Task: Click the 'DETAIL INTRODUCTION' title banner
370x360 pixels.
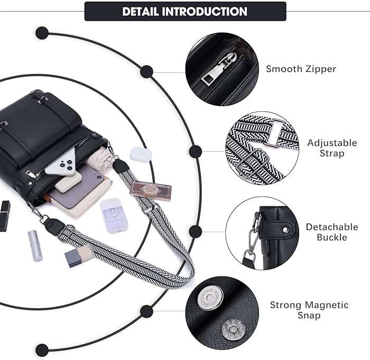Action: [x=185, y=11]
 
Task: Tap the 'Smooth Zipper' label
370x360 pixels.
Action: [x=301, y=69]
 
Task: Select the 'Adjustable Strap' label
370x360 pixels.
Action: [x=332, y=148]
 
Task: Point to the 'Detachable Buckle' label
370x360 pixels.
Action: [x=331, y=232]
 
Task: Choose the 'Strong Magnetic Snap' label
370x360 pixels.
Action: [x=309, y=310]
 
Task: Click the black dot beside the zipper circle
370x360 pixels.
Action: [x=147, y=72]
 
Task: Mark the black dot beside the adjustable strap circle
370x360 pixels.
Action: [x=195, y=151]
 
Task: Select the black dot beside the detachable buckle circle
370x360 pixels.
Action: [x=196, y=231]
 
